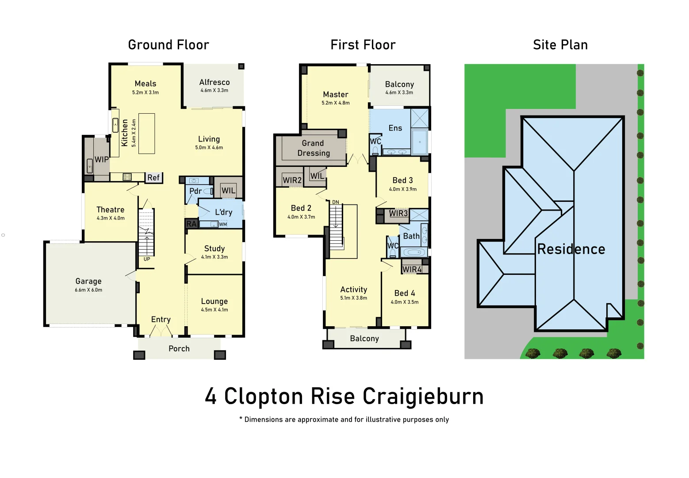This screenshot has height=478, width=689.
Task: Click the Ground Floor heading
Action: [168, 45]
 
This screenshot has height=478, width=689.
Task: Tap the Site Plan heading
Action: [560, 45]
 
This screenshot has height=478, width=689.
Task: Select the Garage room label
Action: [88, 281]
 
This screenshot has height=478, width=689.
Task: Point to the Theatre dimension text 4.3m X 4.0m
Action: [111, 218]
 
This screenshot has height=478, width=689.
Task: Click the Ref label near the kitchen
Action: [153, 177]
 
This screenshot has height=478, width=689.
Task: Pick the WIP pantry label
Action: [101, 159]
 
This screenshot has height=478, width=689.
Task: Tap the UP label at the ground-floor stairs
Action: [147, 259]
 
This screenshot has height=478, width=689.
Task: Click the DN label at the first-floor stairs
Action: [336, 202]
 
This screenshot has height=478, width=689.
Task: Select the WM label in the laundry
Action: [223, 224]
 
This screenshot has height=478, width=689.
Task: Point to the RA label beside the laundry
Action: [191, 224]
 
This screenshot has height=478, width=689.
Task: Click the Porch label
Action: [179, 349]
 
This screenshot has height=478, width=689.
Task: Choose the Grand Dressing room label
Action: [314, 148]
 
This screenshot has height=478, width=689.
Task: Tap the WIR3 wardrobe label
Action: [398, 213]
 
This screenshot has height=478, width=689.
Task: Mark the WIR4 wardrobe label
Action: [412, 269]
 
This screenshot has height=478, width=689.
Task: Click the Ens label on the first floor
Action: [395, 128]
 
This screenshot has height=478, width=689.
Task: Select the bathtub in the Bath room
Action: [414, 253]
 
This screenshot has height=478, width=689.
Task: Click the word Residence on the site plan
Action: [571, 249]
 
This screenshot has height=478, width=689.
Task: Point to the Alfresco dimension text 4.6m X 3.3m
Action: [214, 90]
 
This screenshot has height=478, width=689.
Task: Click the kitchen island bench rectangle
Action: [146, 134]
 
